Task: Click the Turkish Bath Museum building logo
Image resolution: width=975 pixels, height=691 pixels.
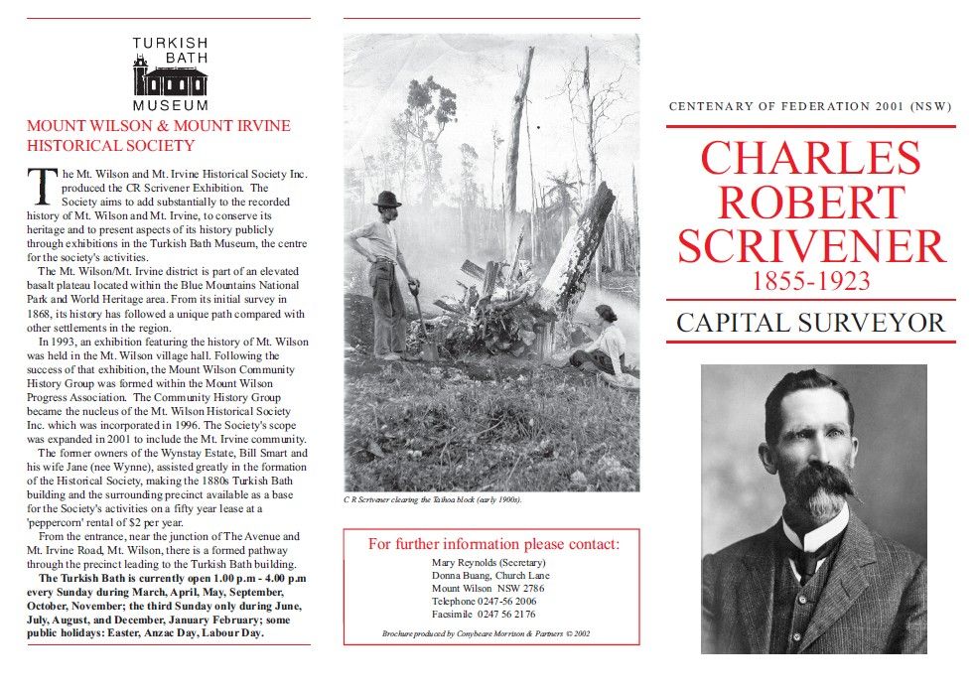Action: [x=170, y=77]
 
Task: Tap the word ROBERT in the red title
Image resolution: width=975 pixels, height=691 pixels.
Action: [x=810, y=202]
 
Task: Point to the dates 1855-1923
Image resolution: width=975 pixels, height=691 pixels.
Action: [x=810, y=281]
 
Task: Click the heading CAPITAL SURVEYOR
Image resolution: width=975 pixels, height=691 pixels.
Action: [x=810, y=322]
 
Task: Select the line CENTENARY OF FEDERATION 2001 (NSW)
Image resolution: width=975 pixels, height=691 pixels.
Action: [x=810, y=106]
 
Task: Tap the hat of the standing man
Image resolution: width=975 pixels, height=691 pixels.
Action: [x=386, y=199]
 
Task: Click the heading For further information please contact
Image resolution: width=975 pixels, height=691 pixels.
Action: [x=492, y=544]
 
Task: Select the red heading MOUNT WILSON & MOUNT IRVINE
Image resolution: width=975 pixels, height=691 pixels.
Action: [x=159, y=126]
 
